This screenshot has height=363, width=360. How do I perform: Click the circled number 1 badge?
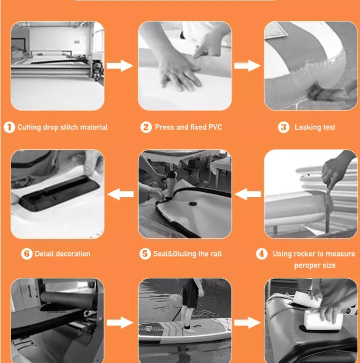[10, 127]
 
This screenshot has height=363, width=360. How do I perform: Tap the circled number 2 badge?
[146, 127]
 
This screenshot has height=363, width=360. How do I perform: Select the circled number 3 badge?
[284, 127]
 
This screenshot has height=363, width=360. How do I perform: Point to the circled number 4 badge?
[261, 254]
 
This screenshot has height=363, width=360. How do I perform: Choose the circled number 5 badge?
[145, 254]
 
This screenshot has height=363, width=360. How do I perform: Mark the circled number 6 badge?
[27, 254]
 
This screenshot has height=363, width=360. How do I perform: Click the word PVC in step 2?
[215, 127]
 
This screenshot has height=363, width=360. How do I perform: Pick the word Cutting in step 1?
[29, 127]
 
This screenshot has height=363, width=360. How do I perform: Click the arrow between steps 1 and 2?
[120, 66]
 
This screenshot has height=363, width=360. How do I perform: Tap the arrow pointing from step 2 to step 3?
[247, 66]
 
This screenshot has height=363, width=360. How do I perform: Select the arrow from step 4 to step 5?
[248, 194]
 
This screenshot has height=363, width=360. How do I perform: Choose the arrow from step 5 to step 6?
[121, 194]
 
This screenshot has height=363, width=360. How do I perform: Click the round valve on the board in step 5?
[192, 203]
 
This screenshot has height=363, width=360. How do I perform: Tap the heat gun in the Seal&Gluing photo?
[171, 185]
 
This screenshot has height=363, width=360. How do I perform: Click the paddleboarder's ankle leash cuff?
[187, 327]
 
